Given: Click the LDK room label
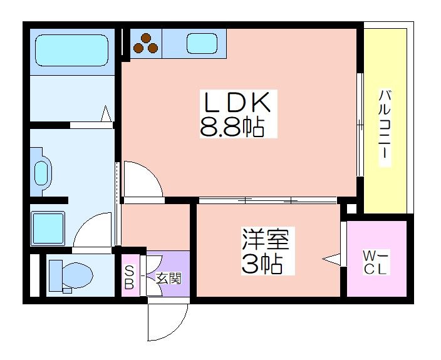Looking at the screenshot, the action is coord(237,102).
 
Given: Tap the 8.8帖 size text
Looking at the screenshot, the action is coord(232,127).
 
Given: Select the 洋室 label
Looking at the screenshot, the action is coord(266,239).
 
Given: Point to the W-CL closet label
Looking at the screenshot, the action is coord(376,262).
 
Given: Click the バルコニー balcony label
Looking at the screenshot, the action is coord(385,128).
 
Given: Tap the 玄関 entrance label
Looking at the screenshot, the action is coord(169,279).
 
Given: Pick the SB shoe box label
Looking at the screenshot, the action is coord(129,278).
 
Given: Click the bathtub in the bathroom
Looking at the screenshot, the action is coord(71,51).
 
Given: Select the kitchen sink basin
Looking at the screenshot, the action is coord(202,43).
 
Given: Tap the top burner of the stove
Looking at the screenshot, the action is coord(146,38).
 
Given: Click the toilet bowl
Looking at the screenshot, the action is coord(78,275).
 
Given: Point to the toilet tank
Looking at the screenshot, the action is coord(56,275).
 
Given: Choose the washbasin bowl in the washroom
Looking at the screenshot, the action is coord(41,173).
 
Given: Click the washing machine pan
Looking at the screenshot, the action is coord(48,228).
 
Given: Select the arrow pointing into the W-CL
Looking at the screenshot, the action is coord(331,259).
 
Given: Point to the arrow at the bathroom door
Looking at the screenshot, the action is coord(106,113).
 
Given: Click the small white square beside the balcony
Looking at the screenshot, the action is coord(351,209).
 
